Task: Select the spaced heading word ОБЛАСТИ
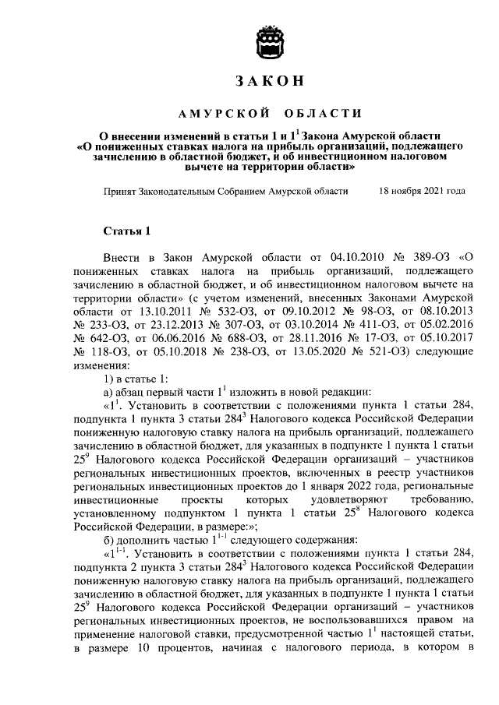(x=312, y=115)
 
